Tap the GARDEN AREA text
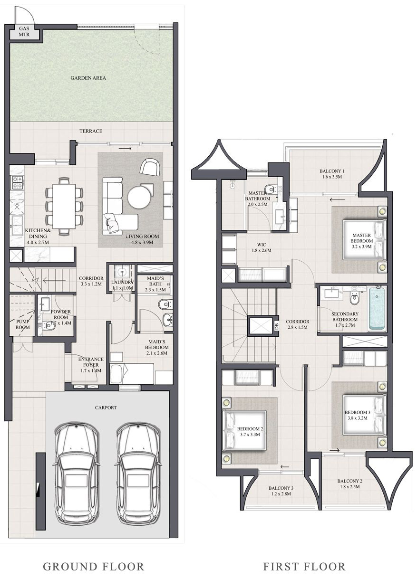[88, 78]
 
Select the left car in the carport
[76, 473]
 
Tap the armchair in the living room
[150, 167]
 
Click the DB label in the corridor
[276, 326]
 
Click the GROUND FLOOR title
[93, 566]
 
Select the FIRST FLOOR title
[304, 566]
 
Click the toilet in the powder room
[48, 326]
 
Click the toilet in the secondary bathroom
[354, 299]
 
